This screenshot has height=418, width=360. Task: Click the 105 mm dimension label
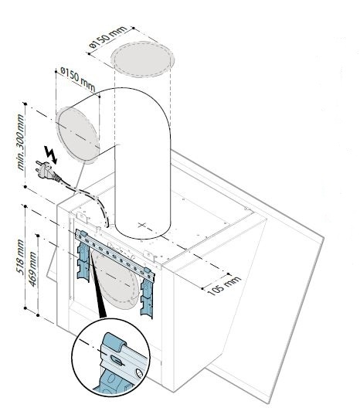[224, 286]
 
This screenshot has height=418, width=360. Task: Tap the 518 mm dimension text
[20, 257]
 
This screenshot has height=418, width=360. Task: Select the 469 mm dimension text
[32, 269]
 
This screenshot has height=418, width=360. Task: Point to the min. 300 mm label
[20, 142]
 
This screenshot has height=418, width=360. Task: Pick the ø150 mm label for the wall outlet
[78, 78]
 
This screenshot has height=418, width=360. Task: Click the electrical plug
[47, 172]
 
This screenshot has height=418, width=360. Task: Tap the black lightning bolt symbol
[51, 155]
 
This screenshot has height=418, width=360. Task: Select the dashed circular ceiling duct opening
[143, 59]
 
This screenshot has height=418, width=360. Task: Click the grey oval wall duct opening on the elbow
[78, 134]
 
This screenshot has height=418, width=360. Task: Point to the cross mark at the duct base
[142, 225]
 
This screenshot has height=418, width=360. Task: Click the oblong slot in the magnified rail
[116, 359]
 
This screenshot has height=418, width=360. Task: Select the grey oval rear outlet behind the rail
[115, 279]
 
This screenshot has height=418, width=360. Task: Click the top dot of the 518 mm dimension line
[25, 206]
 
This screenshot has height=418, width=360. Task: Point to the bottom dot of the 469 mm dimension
[38, 315]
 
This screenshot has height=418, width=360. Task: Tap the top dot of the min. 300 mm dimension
[25, 104]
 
